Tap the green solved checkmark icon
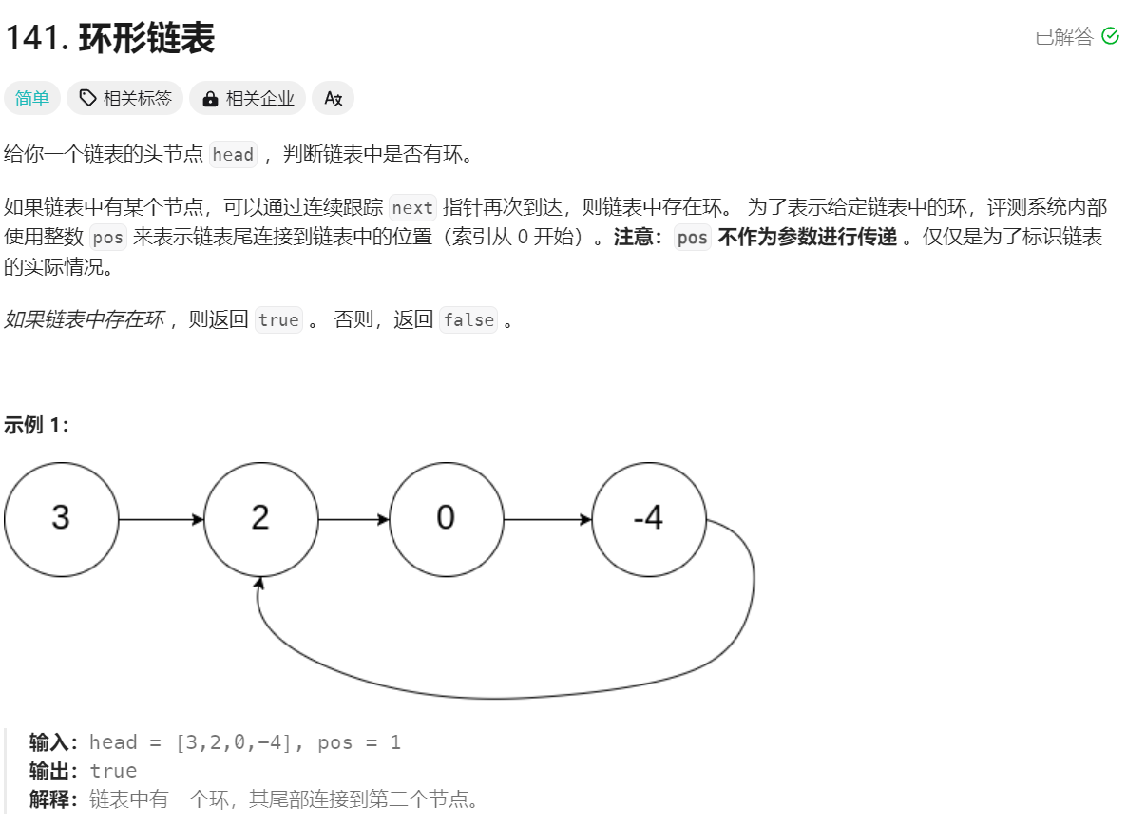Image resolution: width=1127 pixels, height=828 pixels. point(1110,36)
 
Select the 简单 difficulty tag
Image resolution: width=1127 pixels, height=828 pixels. point(32,98)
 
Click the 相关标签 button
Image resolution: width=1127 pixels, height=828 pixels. point(125,98)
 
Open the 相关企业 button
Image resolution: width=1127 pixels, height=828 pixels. point(248,98)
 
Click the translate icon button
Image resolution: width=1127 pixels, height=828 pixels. point(333,98)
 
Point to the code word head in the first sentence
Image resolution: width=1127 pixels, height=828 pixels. point(233,155)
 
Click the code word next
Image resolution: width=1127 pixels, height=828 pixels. point(412,208)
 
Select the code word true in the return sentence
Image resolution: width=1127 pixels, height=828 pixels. point(278,320)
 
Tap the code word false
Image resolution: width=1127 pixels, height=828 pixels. point(468,320)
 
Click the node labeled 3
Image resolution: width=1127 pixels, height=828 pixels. point(62,519)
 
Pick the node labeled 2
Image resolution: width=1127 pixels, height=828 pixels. point(260,519)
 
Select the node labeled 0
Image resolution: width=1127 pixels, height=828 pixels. point(446,519)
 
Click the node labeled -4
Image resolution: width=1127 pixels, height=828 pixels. point(648,519)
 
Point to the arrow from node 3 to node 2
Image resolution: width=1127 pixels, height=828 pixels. point(162,520)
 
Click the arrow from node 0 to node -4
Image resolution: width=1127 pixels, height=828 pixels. point(547,520)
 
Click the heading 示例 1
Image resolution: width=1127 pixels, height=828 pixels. point(36,425)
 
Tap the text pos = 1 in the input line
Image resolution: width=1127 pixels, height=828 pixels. point(359,742)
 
